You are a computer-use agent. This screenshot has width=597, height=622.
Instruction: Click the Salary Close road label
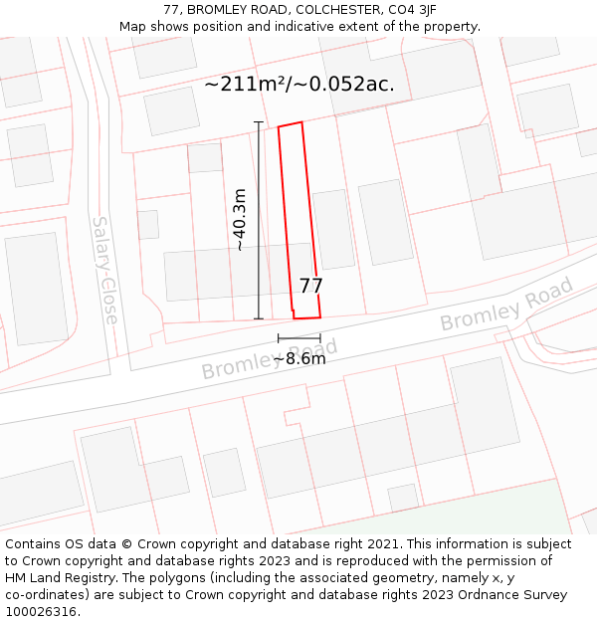pos(104,270)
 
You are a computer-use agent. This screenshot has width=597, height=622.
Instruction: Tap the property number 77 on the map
pos(310,287)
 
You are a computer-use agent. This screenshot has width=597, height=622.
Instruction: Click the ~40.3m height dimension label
pos(239,219)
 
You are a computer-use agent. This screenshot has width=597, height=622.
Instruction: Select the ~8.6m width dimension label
pos(299,358)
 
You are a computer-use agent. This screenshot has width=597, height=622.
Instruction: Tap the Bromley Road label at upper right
pos(506,305)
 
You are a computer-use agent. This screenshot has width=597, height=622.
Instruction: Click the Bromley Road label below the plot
pos(269,359)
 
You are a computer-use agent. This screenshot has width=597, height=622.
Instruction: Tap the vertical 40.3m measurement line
pos(259,179)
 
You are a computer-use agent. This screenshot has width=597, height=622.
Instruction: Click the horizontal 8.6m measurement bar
pos(298,338)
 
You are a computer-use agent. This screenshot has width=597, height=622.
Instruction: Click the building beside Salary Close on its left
pos(37,289)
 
